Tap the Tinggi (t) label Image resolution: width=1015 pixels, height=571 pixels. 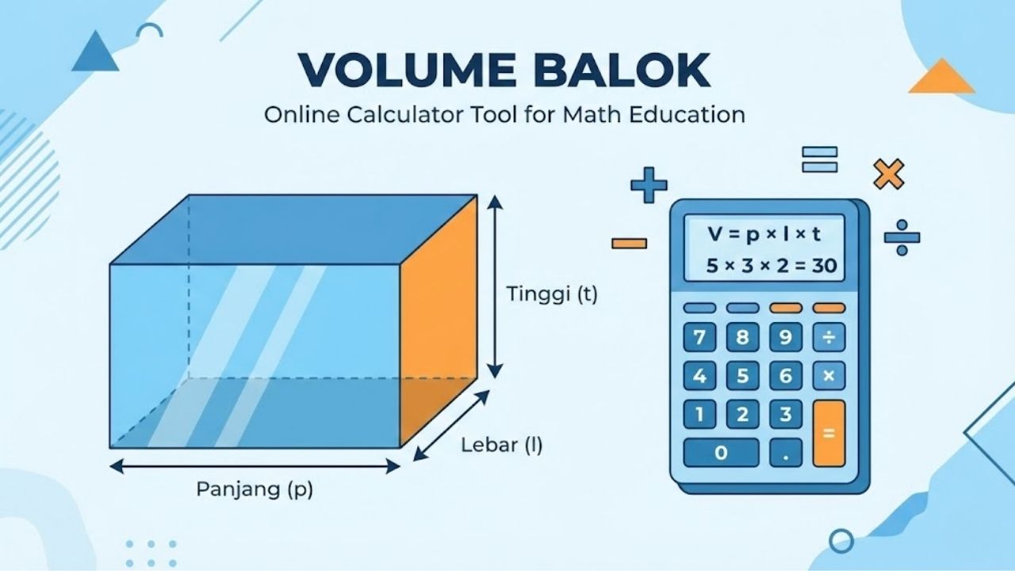[552, 295]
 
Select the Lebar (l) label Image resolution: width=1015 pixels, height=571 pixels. [502, 446]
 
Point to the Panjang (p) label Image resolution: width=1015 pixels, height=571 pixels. [255, 489]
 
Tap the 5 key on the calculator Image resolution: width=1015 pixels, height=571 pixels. [742, 376]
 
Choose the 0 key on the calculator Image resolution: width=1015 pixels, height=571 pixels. [721, 453]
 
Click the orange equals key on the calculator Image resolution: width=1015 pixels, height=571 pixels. [829, 433]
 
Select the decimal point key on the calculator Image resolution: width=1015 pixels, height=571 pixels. [786, 454]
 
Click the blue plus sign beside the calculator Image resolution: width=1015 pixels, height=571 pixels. [649, 186]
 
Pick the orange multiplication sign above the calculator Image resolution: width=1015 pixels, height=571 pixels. [888, 174]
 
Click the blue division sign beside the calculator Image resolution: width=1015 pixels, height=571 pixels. [902, 237]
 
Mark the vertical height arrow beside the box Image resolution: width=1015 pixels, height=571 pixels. [495, 287]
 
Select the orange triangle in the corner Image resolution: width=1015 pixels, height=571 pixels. [941, 77]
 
